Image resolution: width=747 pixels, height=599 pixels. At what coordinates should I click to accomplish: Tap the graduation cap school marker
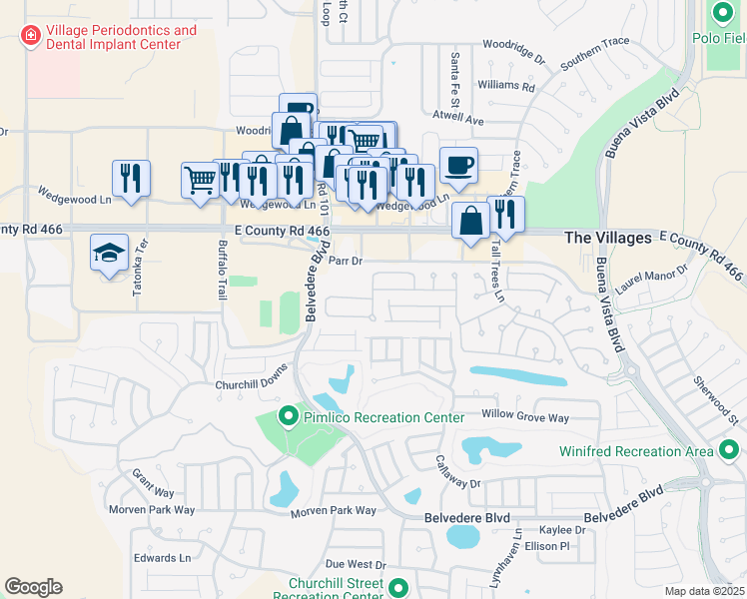[109, 253]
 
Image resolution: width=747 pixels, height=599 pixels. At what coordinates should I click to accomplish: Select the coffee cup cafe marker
[458, 166]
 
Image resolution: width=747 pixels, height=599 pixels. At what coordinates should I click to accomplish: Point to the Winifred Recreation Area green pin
[728, 451]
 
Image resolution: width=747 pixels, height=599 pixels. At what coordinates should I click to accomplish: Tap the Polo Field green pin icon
[724, 14]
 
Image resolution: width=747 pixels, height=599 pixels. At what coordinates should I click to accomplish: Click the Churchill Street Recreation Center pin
[398, 588]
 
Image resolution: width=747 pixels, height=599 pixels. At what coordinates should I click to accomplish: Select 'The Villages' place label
[608, 239]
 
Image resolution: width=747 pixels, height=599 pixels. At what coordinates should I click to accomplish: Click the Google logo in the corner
[33, 586]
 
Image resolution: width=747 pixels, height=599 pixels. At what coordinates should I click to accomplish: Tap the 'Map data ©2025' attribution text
[703, 591]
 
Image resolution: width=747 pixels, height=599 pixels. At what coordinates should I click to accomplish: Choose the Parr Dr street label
[345, 261]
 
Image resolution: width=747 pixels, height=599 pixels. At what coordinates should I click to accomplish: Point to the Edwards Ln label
[162, 558]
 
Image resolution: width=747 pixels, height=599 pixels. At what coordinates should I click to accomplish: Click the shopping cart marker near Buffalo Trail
[200, 181]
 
